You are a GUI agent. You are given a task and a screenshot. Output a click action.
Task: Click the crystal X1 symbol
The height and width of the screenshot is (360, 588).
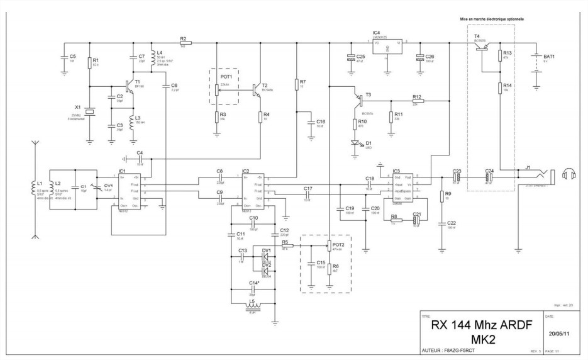[x=89, y=112]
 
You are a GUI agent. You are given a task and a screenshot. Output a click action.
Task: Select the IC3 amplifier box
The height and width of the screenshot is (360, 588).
[x=402, y=187]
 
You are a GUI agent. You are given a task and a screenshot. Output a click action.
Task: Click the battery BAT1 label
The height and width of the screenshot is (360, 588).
[x=549, y=57]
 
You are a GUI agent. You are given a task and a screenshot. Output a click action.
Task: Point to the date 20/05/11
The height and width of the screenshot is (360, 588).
[x=560, y=334]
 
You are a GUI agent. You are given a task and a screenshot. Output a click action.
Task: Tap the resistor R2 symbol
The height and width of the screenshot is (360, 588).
[x=184, y=43]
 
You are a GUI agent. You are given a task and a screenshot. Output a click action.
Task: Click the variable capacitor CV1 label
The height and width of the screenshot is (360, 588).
[x=108, y=186]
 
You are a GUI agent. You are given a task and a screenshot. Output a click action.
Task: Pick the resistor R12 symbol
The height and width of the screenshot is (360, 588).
[x=417, y=101]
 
